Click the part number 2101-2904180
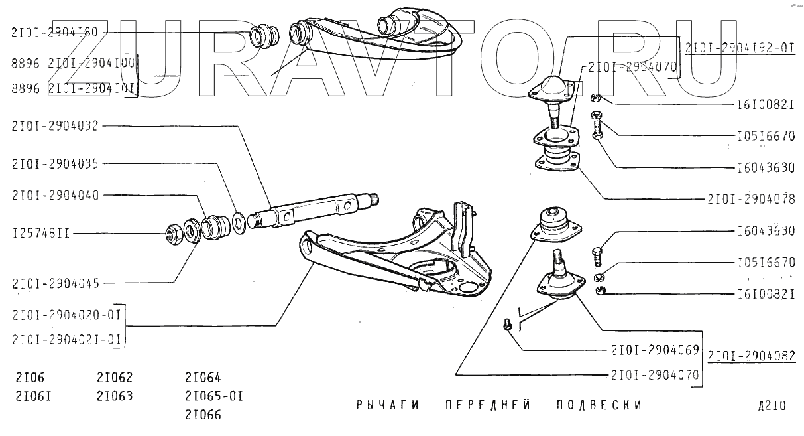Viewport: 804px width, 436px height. pos(54,31)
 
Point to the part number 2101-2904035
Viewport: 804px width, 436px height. pos(54,163)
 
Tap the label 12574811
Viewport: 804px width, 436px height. pos(41,233)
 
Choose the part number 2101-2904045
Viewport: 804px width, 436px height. pos(55,283)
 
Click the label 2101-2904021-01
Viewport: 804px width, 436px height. pos(66,340)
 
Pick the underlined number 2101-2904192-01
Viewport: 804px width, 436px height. pos(739,48)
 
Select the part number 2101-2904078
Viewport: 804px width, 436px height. pos(751,198)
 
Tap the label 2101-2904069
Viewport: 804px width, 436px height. pos(655,349)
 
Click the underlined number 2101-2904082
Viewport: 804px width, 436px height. pos(751,356)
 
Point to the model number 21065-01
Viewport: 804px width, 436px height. pos(214,396)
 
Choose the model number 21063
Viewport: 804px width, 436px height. pos(115,396)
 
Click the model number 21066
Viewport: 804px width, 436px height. pos(203,415)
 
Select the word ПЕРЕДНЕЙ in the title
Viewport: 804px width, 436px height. pos(488,405)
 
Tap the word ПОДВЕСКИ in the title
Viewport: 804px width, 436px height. pos(599,405)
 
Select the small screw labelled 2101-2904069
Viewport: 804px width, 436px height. pos(508,325)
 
